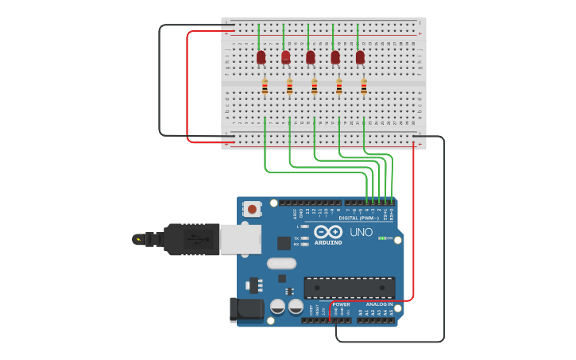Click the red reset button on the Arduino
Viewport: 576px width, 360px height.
tap(252, 209)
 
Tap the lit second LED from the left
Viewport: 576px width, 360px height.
tap(286, 57)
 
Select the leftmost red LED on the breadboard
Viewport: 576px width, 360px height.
tap(261, 57)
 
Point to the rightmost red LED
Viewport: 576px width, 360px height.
tap(360, 57)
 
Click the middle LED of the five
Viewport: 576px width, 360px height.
tap(311, 57)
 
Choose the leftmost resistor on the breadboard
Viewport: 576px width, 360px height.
tap(265, 87)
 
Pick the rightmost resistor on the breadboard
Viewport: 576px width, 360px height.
tap(364, 87)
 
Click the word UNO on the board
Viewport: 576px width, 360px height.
tap(361, 233)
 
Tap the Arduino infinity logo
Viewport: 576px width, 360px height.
tap(327, 232)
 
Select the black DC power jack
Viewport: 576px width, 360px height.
tap(246, 309)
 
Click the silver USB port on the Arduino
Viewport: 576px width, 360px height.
tap(240, 239)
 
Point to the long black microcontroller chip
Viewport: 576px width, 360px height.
tap(350, 288)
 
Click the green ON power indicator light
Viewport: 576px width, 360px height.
tap(382, 238)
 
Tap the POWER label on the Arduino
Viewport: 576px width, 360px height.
tap(342, 304)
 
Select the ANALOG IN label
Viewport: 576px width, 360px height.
tap(379, 304)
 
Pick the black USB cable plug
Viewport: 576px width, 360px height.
tap(191, 239)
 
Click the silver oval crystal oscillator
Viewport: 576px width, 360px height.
tap(281, 263)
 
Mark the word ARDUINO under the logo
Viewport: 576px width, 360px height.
tap(328, 242)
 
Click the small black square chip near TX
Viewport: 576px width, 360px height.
tap(284, 243)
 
